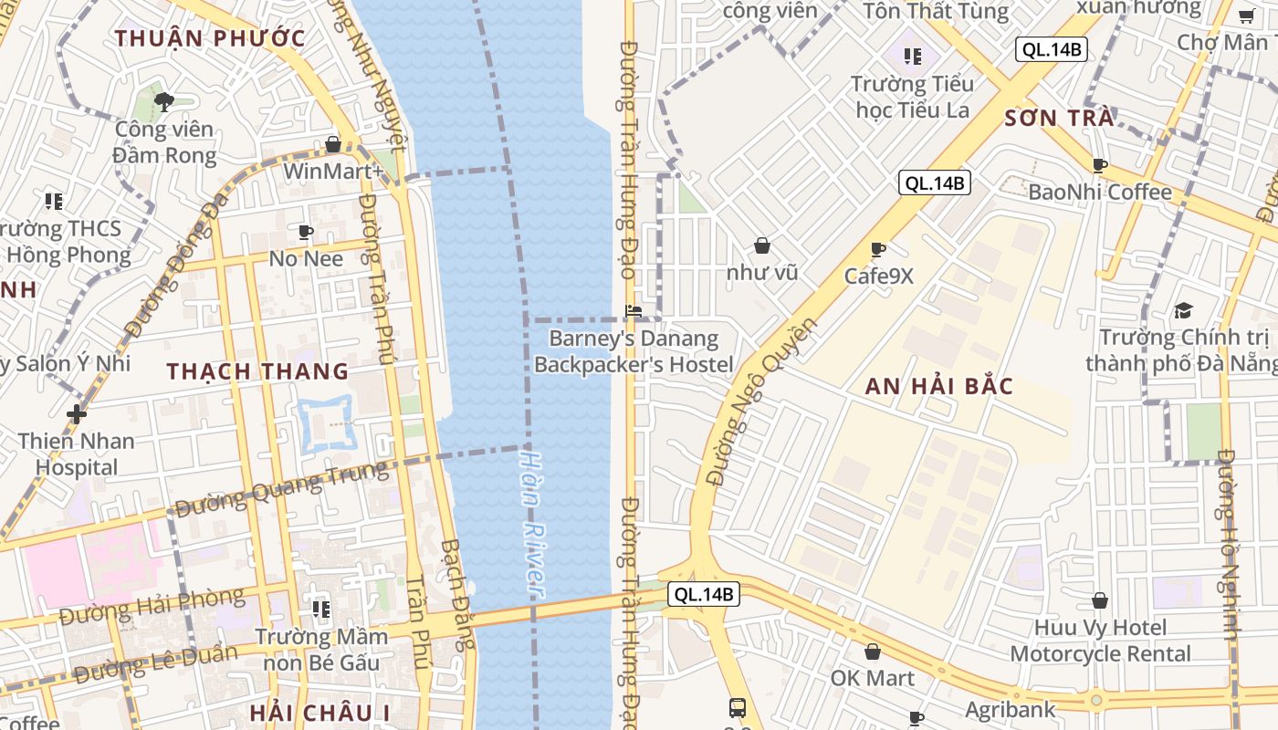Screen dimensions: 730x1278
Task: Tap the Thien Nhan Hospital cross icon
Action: pyautogui.click(x=77, y=414)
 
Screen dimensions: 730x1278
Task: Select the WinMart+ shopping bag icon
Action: pyautogui.click(x=333, y=145)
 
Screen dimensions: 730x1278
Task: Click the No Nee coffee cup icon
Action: pyautogui.click(x=306, y=233)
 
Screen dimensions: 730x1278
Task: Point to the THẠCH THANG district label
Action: pyautogui.click(x=257, y=371)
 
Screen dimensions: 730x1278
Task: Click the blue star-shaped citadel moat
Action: pyautogui.click(x=326, y=422)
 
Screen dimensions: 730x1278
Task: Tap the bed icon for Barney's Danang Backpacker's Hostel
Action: pyautogui.click(x=634, y=311)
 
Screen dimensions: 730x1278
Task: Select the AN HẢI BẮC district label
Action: pyautogui.click(x=939, y=386)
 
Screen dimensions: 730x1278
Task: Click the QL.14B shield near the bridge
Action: pyautogui.click(x=702, y=595)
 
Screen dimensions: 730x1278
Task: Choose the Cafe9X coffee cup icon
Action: pyautogui.click(x=878, y=249)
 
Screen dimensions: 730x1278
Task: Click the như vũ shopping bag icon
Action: pyautogui.click(x=761, y=245)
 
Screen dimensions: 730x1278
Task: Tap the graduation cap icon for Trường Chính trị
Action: pyautogui.click(x=1183, y=310)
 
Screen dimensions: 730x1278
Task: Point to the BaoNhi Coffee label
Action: pyautogui.click(x=1099, y=192)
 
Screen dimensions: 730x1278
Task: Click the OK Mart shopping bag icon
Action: pyautogui.click(x=872, y=652)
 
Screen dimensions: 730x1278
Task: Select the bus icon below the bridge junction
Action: pyautogui.click(x=737, y=707)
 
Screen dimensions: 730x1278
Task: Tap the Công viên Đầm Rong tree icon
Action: pyautogui.click(x=164, y=102)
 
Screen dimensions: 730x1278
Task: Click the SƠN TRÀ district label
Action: pyautogui.click(x=1059, y=119)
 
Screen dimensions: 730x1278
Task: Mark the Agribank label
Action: pyautogui.click(x=1011, y=709)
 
